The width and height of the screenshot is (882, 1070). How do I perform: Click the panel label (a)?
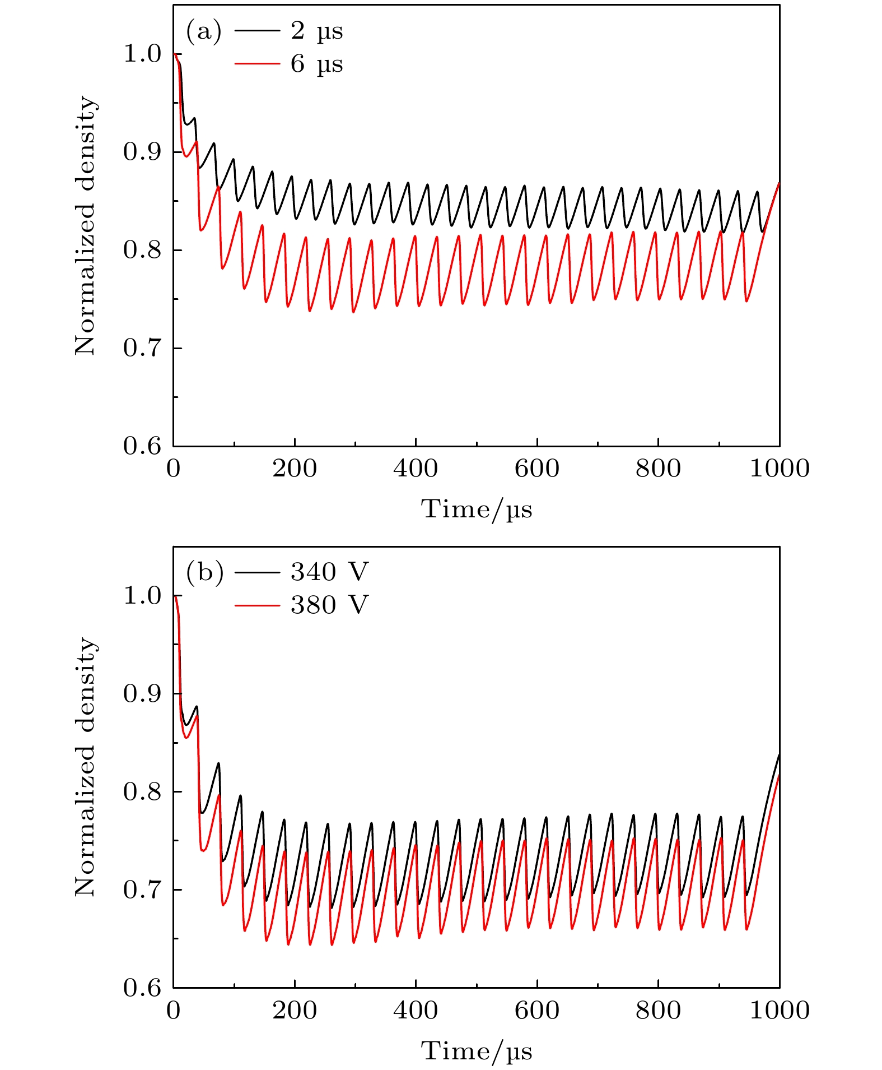(x=203, y=31)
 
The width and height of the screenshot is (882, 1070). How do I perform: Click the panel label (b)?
(x=204, y=572)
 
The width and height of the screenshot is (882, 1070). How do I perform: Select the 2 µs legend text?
(x=316, y=31)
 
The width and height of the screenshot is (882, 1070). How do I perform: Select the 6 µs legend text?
(x=316, y=64)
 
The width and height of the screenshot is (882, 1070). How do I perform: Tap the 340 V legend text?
(x=329, y=572)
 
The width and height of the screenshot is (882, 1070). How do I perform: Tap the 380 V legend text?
(x=329, y=605)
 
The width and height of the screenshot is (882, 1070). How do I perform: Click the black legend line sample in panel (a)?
(x=257, y=31)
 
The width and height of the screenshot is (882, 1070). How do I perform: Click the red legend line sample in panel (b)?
(x=257, y=605)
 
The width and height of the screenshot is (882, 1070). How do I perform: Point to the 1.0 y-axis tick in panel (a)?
(x=141, y=54)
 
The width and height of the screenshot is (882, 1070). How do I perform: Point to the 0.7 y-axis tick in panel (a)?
(x=141, y=349)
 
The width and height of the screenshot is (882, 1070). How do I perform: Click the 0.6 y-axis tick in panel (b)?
(x=141, y=988)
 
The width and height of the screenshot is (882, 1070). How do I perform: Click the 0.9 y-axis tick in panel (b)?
(x=141, y=694)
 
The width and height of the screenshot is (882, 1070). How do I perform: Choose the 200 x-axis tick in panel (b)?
(x=295, y=1011)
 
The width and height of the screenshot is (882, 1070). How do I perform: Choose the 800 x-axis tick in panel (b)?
(x=658, y=1011)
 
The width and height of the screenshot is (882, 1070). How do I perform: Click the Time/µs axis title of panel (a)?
(x=477, y=510)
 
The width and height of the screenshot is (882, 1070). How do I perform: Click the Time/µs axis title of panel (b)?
(x=477, y=1052)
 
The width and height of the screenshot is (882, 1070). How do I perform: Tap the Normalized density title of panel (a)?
(x=85, y=226)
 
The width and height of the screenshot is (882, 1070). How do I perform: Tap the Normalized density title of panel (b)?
(x=85, y=767)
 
